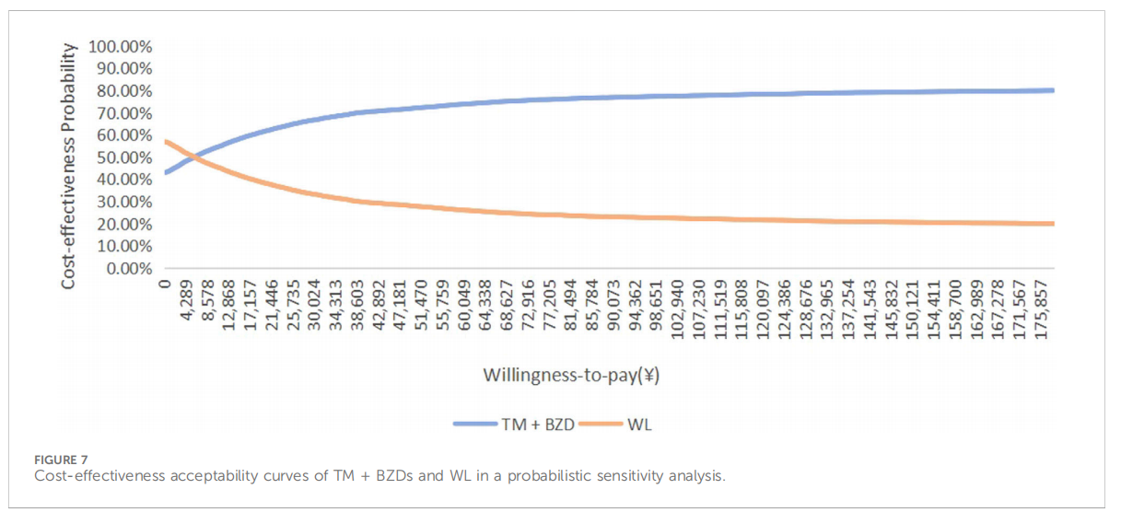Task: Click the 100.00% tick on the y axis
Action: point(120,46)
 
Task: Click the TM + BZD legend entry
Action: point(515,424)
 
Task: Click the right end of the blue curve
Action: point(1052,90)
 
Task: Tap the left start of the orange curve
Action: point(166,141)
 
